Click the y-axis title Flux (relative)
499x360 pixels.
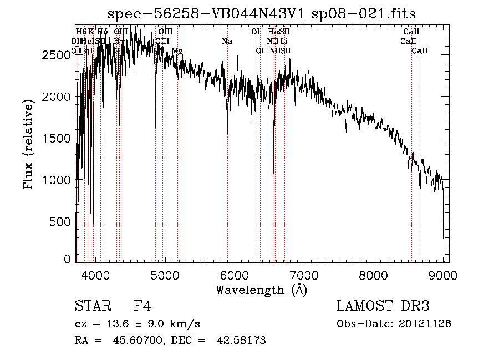(28, 144)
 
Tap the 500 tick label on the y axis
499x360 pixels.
(62, 221)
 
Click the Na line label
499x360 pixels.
(227, 42)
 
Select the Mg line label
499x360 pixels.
(177, 51)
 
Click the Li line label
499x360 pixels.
(283, 42)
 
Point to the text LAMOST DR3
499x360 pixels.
(383, 306)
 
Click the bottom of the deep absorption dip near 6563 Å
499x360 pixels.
(274, 173)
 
